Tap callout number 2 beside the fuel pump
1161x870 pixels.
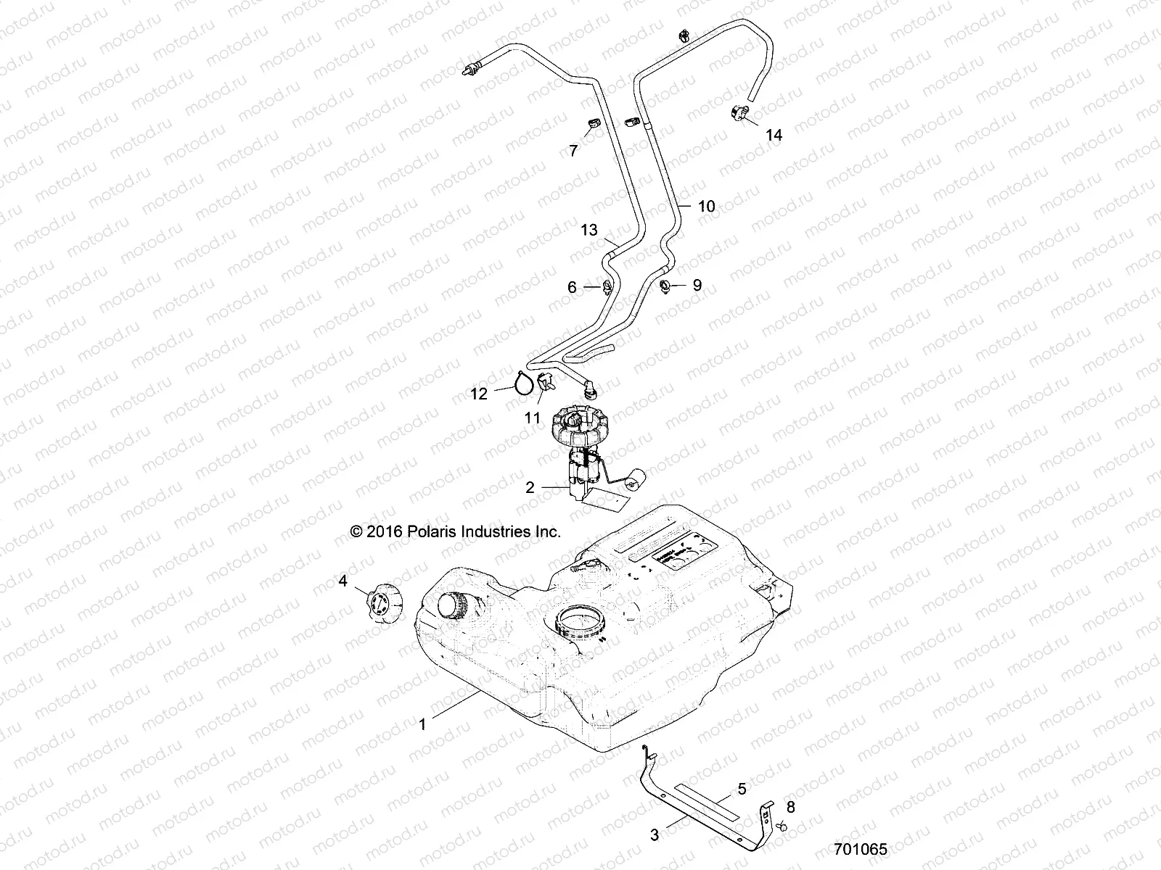pyautogui.click(x=530, y=488)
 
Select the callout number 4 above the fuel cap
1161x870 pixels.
pyautogui.click(x=343, y=581)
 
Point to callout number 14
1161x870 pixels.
pyautogui.click(x=774, y=135)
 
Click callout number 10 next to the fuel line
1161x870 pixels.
pyautogui.click(x=706, y=206)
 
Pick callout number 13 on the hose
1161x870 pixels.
pyautogui.click(x=589, y=230)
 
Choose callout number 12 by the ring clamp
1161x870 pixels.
pyautogui.click(x=479, y=394)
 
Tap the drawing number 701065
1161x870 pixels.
pyautogui.click(x=861, y=849)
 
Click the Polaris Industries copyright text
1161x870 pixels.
pyautogui.click(x=456, y=532)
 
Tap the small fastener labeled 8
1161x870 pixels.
pyautogui.click(x=781, y=826)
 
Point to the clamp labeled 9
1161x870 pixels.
pyautogui.click(x=665, y=287)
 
